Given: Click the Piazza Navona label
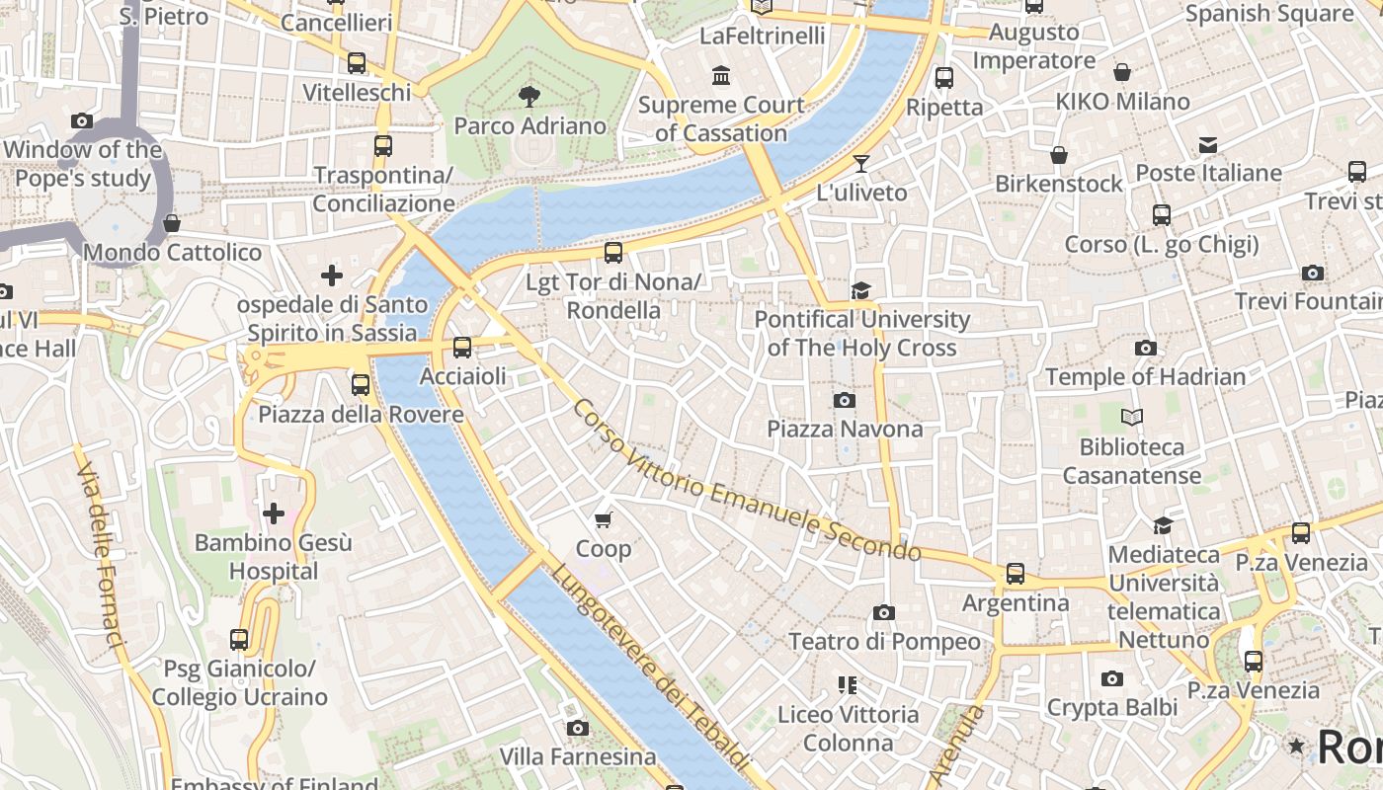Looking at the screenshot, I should tap(845, 429).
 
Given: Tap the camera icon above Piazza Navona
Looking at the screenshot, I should tap(844, 400).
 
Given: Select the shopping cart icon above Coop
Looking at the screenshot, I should tap(603, 519).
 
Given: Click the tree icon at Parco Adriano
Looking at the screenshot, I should tap(529, 96).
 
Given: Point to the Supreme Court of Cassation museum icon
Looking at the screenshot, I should tap(721, 75).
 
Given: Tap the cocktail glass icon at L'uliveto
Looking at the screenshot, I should tap(861, 163).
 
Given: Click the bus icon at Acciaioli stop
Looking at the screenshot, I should tap(461, 348).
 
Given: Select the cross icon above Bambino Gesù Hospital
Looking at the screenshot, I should tap(273, 513).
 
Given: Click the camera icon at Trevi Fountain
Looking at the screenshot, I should tap(1312, 273).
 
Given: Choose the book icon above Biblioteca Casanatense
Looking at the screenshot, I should tap(1131, 418).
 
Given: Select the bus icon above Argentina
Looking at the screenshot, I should tap(1015, 574).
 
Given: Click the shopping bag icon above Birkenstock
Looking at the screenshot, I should tap(1058, 155).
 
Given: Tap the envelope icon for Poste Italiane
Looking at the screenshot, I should tap(1207, 145).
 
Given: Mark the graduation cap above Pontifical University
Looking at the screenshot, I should tap(860, 290).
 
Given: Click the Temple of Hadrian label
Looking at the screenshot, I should tap(1145, 376).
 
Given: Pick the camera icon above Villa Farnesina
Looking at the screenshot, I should tap(578, 728).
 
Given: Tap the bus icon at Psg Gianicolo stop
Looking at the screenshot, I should tap(238, 640).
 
